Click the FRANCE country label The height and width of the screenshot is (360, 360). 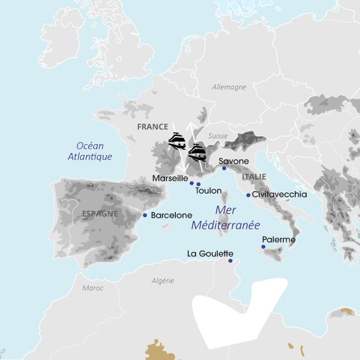[152, 126]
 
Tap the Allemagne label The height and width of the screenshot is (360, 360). [229, 87]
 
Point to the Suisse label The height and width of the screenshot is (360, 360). [218, 136]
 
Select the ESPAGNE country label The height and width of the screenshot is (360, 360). [100, 214]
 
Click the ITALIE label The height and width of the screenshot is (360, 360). [254, 177]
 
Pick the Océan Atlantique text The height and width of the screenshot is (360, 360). [90, 151]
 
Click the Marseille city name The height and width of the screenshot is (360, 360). [170, 178]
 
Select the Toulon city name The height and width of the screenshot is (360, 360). [208, 190]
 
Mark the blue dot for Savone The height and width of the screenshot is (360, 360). [224, 168]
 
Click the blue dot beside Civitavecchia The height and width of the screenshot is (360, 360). [247, 194]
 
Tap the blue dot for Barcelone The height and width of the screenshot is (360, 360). [145, 215]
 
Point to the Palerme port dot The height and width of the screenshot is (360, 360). [263, 247]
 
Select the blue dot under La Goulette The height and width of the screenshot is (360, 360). [230, 261]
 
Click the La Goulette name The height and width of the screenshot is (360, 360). [210, 253]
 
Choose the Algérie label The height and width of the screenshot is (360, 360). [163, 281]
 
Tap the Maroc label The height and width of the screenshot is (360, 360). [93, 288]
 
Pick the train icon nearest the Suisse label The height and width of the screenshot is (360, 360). [197, 152]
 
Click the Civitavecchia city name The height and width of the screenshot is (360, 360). [279, 194]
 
